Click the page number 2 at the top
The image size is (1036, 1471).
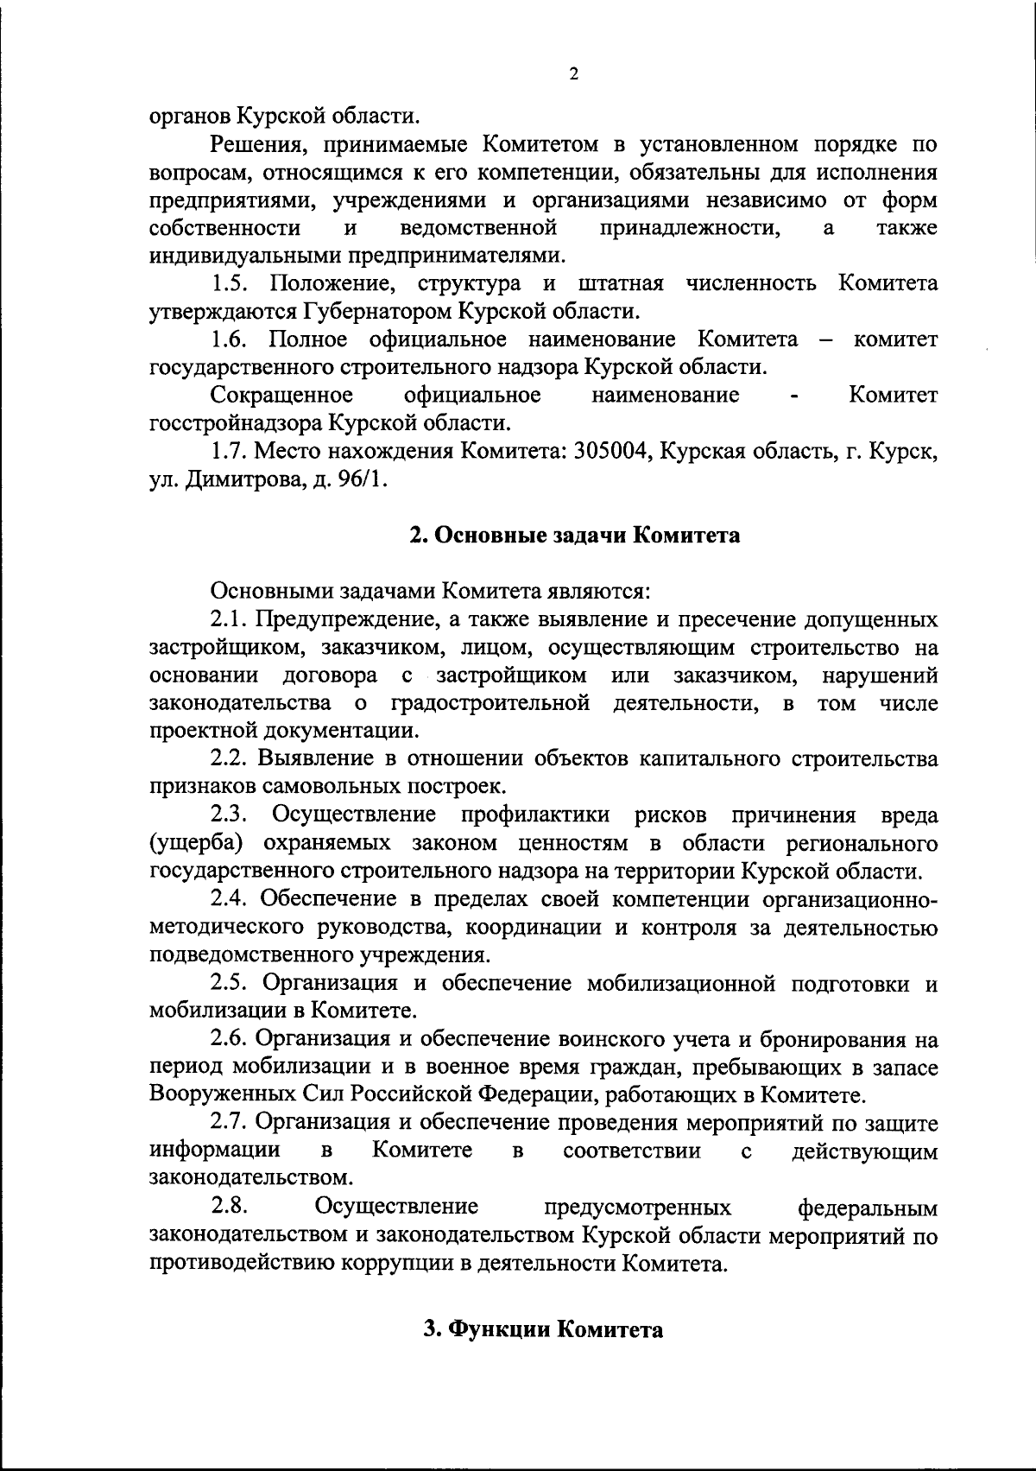[573, 73]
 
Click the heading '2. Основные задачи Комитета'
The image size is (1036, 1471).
[574, 536]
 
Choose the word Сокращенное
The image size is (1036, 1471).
[281, 396]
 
